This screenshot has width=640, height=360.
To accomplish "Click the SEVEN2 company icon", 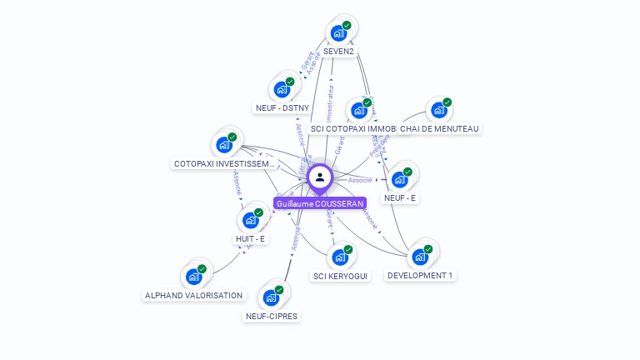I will (338, 32).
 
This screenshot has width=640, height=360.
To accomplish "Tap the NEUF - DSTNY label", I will (282, 107).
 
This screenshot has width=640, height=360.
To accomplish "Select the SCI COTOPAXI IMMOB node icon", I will (359, 110).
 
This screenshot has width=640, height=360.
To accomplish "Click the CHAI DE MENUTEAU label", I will (439, 128).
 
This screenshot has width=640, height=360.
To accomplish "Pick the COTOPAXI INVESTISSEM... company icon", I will (224, 145).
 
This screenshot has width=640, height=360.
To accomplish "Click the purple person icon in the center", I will (320, 177).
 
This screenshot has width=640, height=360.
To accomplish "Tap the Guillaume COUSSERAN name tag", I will (320, 203).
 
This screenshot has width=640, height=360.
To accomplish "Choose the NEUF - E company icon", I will (400, 179).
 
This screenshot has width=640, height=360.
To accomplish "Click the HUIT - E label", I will (250, 239).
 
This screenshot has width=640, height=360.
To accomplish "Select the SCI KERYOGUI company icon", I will (340, 257).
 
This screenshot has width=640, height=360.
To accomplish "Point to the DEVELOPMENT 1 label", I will (421, 276).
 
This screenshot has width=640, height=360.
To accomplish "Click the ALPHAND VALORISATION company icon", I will (194, 277).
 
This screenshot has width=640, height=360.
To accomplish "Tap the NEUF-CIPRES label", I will (272, 317).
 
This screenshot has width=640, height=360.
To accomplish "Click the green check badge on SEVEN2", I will (347, 25).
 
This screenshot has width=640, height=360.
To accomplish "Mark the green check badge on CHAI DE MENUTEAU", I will (447, 102).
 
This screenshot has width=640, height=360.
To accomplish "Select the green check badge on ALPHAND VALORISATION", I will (202, 269).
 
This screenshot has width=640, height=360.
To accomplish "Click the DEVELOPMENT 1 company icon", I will (420, 256).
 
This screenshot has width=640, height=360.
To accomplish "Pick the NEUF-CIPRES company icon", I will (271, 297).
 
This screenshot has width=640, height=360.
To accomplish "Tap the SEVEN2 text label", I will (338, 52).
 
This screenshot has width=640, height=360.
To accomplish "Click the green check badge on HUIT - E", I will (258, 212).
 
